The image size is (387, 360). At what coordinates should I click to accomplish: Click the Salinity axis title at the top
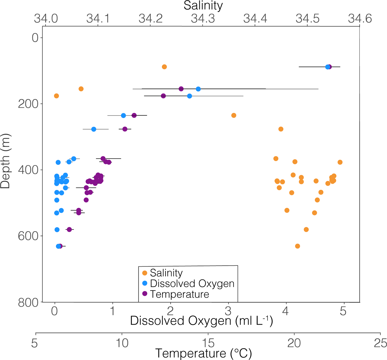pos(203,6)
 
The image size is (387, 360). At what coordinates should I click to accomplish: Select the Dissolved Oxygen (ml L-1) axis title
pos(201,321)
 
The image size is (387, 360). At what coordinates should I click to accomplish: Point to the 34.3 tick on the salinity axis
pos(203,19)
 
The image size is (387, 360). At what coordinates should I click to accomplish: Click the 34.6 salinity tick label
pos(360,19)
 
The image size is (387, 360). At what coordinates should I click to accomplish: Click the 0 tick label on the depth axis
pos(35,38)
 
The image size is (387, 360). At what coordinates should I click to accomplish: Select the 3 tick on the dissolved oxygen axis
pos(228,311)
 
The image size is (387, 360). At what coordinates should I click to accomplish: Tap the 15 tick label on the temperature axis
pos(208,343)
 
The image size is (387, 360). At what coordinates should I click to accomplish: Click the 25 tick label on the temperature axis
pos(380,343)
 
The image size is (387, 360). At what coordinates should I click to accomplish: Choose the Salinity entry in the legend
pos(166,273)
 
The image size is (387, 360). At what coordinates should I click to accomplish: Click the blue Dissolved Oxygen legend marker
pos(144,283)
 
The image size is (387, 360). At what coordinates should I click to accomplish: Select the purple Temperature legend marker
pos(144,294)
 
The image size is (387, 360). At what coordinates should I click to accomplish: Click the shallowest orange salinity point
pos(164,67)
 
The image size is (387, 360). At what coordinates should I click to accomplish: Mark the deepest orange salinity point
pos(297,246)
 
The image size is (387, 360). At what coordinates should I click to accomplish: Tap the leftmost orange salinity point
pos(56,96)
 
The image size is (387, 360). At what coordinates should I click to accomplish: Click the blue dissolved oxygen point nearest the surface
pos(327,67)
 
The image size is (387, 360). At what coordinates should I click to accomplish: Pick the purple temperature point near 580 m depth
pos(69,230)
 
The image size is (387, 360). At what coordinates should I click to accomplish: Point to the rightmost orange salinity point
pos(340,162)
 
